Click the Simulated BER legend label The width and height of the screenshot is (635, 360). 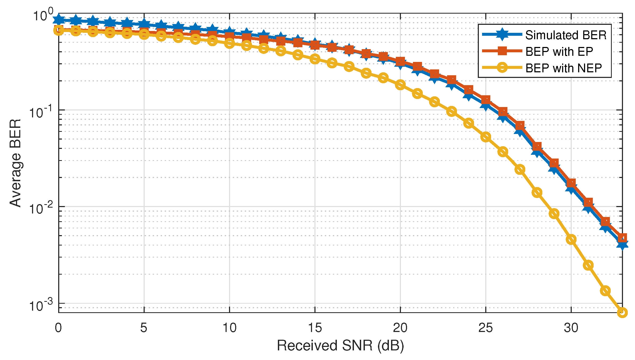tap(566, 35)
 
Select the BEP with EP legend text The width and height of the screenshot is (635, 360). tap(559, 52)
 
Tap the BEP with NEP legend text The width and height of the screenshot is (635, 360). tap(563, 68)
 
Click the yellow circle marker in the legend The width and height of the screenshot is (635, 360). tap(502, 68)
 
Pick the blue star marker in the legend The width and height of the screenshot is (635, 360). tap(502, 34)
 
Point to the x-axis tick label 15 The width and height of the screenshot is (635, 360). tap(315, 327)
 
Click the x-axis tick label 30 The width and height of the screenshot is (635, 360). tap(571, 327)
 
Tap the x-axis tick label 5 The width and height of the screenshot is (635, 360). tap(144, 327)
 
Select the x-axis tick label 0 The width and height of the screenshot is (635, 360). tap(58, 327)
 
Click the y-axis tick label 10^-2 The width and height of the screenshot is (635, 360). tap(40, 208)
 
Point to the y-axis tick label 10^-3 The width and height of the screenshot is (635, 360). tap(40, 305)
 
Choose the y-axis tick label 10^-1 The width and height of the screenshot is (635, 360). tap(40, 112)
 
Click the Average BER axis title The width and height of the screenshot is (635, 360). tap(15, 163)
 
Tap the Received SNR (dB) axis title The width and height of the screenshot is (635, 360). tap(340, 346)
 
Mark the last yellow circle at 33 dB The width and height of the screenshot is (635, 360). tap(622, 312)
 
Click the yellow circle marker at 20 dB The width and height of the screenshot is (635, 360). tap(400, 85)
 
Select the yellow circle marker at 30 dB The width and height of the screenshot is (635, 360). tap(571, 239)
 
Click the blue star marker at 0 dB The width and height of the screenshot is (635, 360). tap(59, 19)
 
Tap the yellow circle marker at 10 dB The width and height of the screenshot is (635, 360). tap(230, 43)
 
